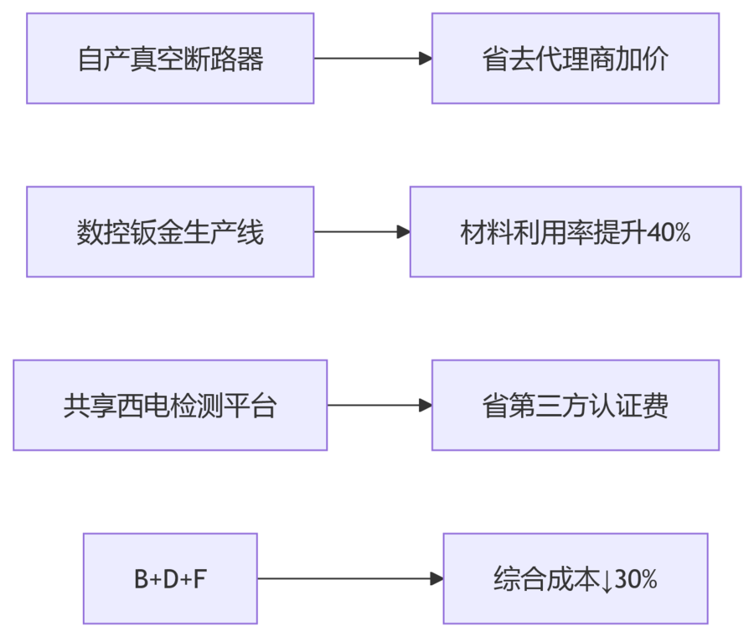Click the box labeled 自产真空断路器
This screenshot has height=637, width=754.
tap(170, 59)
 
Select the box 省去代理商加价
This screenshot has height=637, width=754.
tap(575, 59)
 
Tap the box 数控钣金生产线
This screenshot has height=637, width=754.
tap(170, 232)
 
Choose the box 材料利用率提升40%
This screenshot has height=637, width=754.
tap(575, 232)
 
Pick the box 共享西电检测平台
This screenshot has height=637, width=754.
tap(170, 406)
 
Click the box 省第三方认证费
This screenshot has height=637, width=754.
tap(575, 406)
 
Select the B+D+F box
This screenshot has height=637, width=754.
tap(170, 579)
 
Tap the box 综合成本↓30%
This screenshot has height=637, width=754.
tap(575, 579)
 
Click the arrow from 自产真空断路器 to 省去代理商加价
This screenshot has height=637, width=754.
tap(372, 59)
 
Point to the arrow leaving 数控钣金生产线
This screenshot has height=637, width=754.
tap(361, 232)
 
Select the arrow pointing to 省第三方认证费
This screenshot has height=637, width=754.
tap(379, 406)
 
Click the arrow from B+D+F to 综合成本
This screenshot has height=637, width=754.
tap(349, 579)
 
